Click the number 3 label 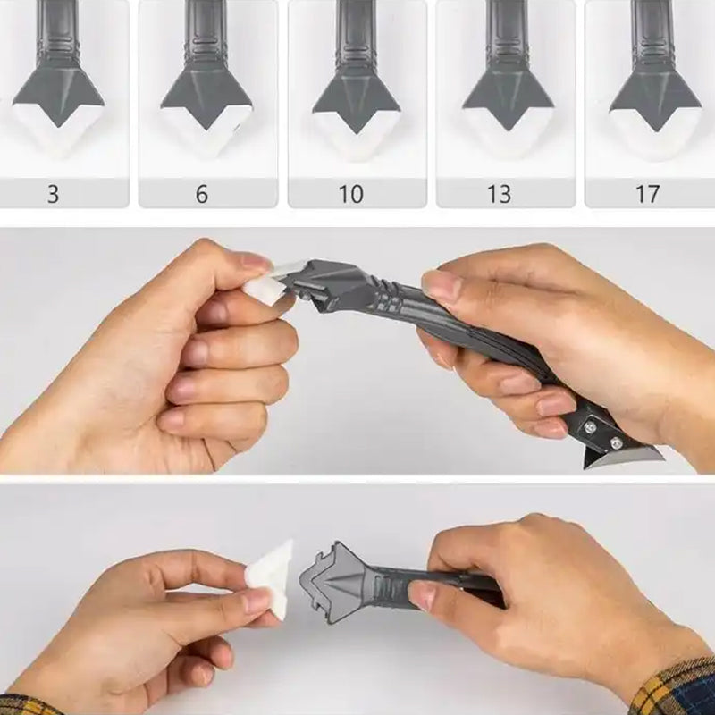(x=54, y=194)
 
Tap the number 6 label (x=202, y=194)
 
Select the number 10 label (x=350, y=194)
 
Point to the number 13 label (x=499, y=194)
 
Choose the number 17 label (x=647, y=194)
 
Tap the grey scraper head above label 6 (x=206, y=97)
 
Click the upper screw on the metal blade (x=590, y=426)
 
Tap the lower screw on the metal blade (x=616, y=442)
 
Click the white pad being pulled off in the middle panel (x=273, y=282)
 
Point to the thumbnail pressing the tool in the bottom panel (x=423, y=595)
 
